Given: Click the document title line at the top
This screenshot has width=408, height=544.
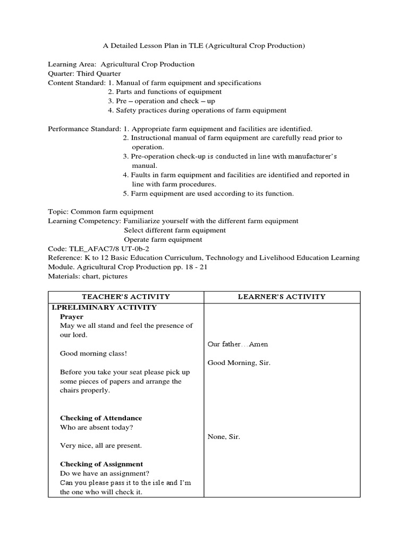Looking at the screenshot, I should [203, 46].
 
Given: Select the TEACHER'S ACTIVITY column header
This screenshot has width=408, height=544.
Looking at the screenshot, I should [126, 297].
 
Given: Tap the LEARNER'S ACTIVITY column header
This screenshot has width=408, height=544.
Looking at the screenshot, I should [282, 297].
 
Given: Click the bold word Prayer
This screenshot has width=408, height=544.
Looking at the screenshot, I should [72, 317].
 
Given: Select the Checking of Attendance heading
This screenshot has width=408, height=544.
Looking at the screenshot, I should [101, 418].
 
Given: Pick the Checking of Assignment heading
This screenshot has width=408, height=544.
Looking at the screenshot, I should [101, 464].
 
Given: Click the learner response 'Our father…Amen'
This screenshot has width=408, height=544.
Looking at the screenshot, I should [237, 344].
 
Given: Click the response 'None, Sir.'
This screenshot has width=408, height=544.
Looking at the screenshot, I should [224, 437].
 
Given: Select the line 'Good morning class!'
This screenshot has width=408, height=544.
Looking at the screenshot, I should [93, 353].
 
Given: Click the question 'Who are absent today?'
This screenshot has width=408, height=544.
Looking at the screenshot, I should [96, 428].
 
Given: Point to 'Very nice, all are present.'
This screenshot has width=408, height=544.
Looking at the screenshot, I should [101, 446].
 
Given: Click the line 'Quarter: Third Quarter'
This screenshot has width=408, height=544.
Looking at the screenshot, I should [84, 74].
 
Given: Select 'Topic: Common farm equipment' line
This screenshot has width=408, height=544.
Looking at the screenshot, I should [101, 211].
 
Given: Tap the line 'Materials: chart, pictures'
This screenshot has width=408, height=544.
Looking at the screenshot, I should [88, 276].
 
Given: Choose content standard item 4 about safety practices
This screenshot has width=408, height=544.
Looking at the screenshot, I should [197, 110].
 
